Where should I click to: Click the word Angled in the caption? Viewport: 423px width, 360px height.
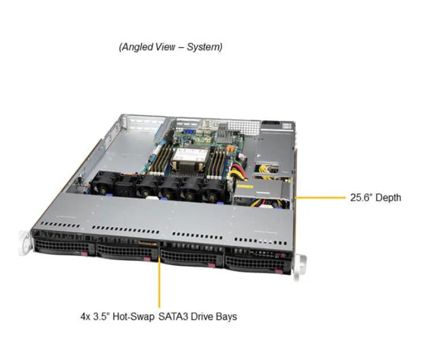136,47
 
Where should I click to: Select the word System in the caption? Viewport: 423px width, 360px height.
204,47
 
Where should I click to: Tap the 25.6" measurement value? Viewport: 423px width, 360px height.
362,198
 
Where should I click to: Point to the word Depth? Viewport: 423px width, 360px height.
388,198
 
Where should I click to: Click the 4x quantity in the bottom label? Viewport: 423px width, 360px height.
86,316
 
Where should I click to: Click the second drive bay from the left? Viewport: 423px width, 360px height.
126,252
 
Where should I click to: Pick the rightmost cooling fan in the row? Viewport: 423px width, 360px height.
213,195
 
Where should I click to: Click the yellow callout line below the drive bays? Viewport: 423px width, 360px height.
159,283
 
